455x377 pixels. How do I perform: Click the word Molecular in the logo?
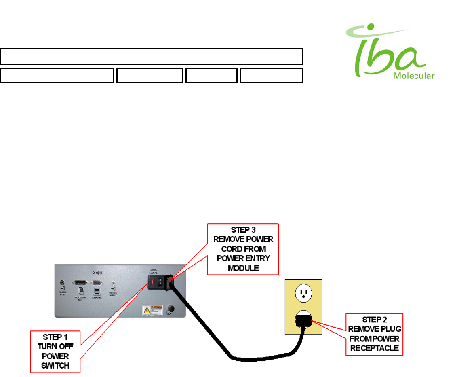(414, 76)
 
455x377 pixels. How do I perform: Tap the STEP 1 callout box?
(55, 351)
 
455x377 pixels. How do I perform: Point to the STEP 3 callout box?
(243, 249)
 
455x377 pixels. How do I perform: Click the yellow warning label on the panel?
(152, 311)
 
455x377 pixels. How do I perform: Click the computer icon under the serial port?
(97, 291)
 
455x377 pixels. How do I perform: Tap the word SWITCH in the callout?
(55, 365)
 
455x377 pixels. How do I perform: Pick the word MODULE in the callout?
(243, 267)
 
